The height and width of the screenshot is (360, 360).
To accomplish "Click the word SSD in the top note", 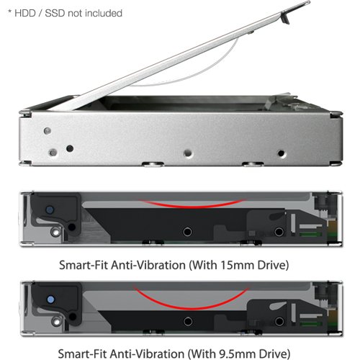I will pos(55,13).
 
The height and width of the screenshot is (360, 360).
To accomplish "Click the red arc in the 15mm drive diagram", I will pos(180,204).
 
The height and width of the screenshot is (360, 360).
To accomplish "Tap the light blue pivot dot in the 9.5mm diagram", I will pos(50,297).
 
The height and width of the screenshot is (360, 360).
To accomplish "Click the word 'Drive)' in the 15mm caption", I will pos(269,264).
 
